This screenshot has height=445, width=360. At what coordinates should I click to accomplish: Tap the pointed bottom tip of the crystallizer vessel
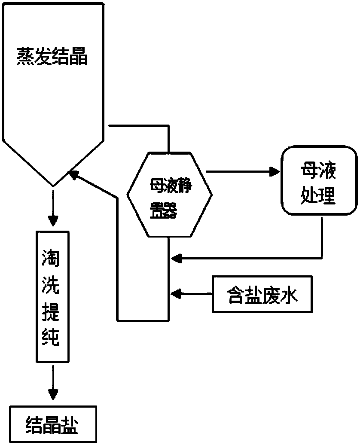pyautogui.click(x=53, y=185)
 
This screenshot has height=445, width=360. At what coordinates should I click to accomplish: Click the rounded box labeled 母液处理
pyautogui.click(x=319, y=181)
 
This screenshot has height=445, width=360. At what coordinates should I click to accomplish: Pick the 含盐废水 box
pyautogui.click(x=262, y=294)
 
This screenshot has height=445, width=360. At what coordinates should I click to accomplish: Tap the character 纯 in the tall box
pyautogui.click(x=53, y=340)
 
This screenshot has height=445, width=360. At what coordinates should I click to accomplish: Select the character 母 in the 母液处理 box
pyautogui.click(x=311, y=171)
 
